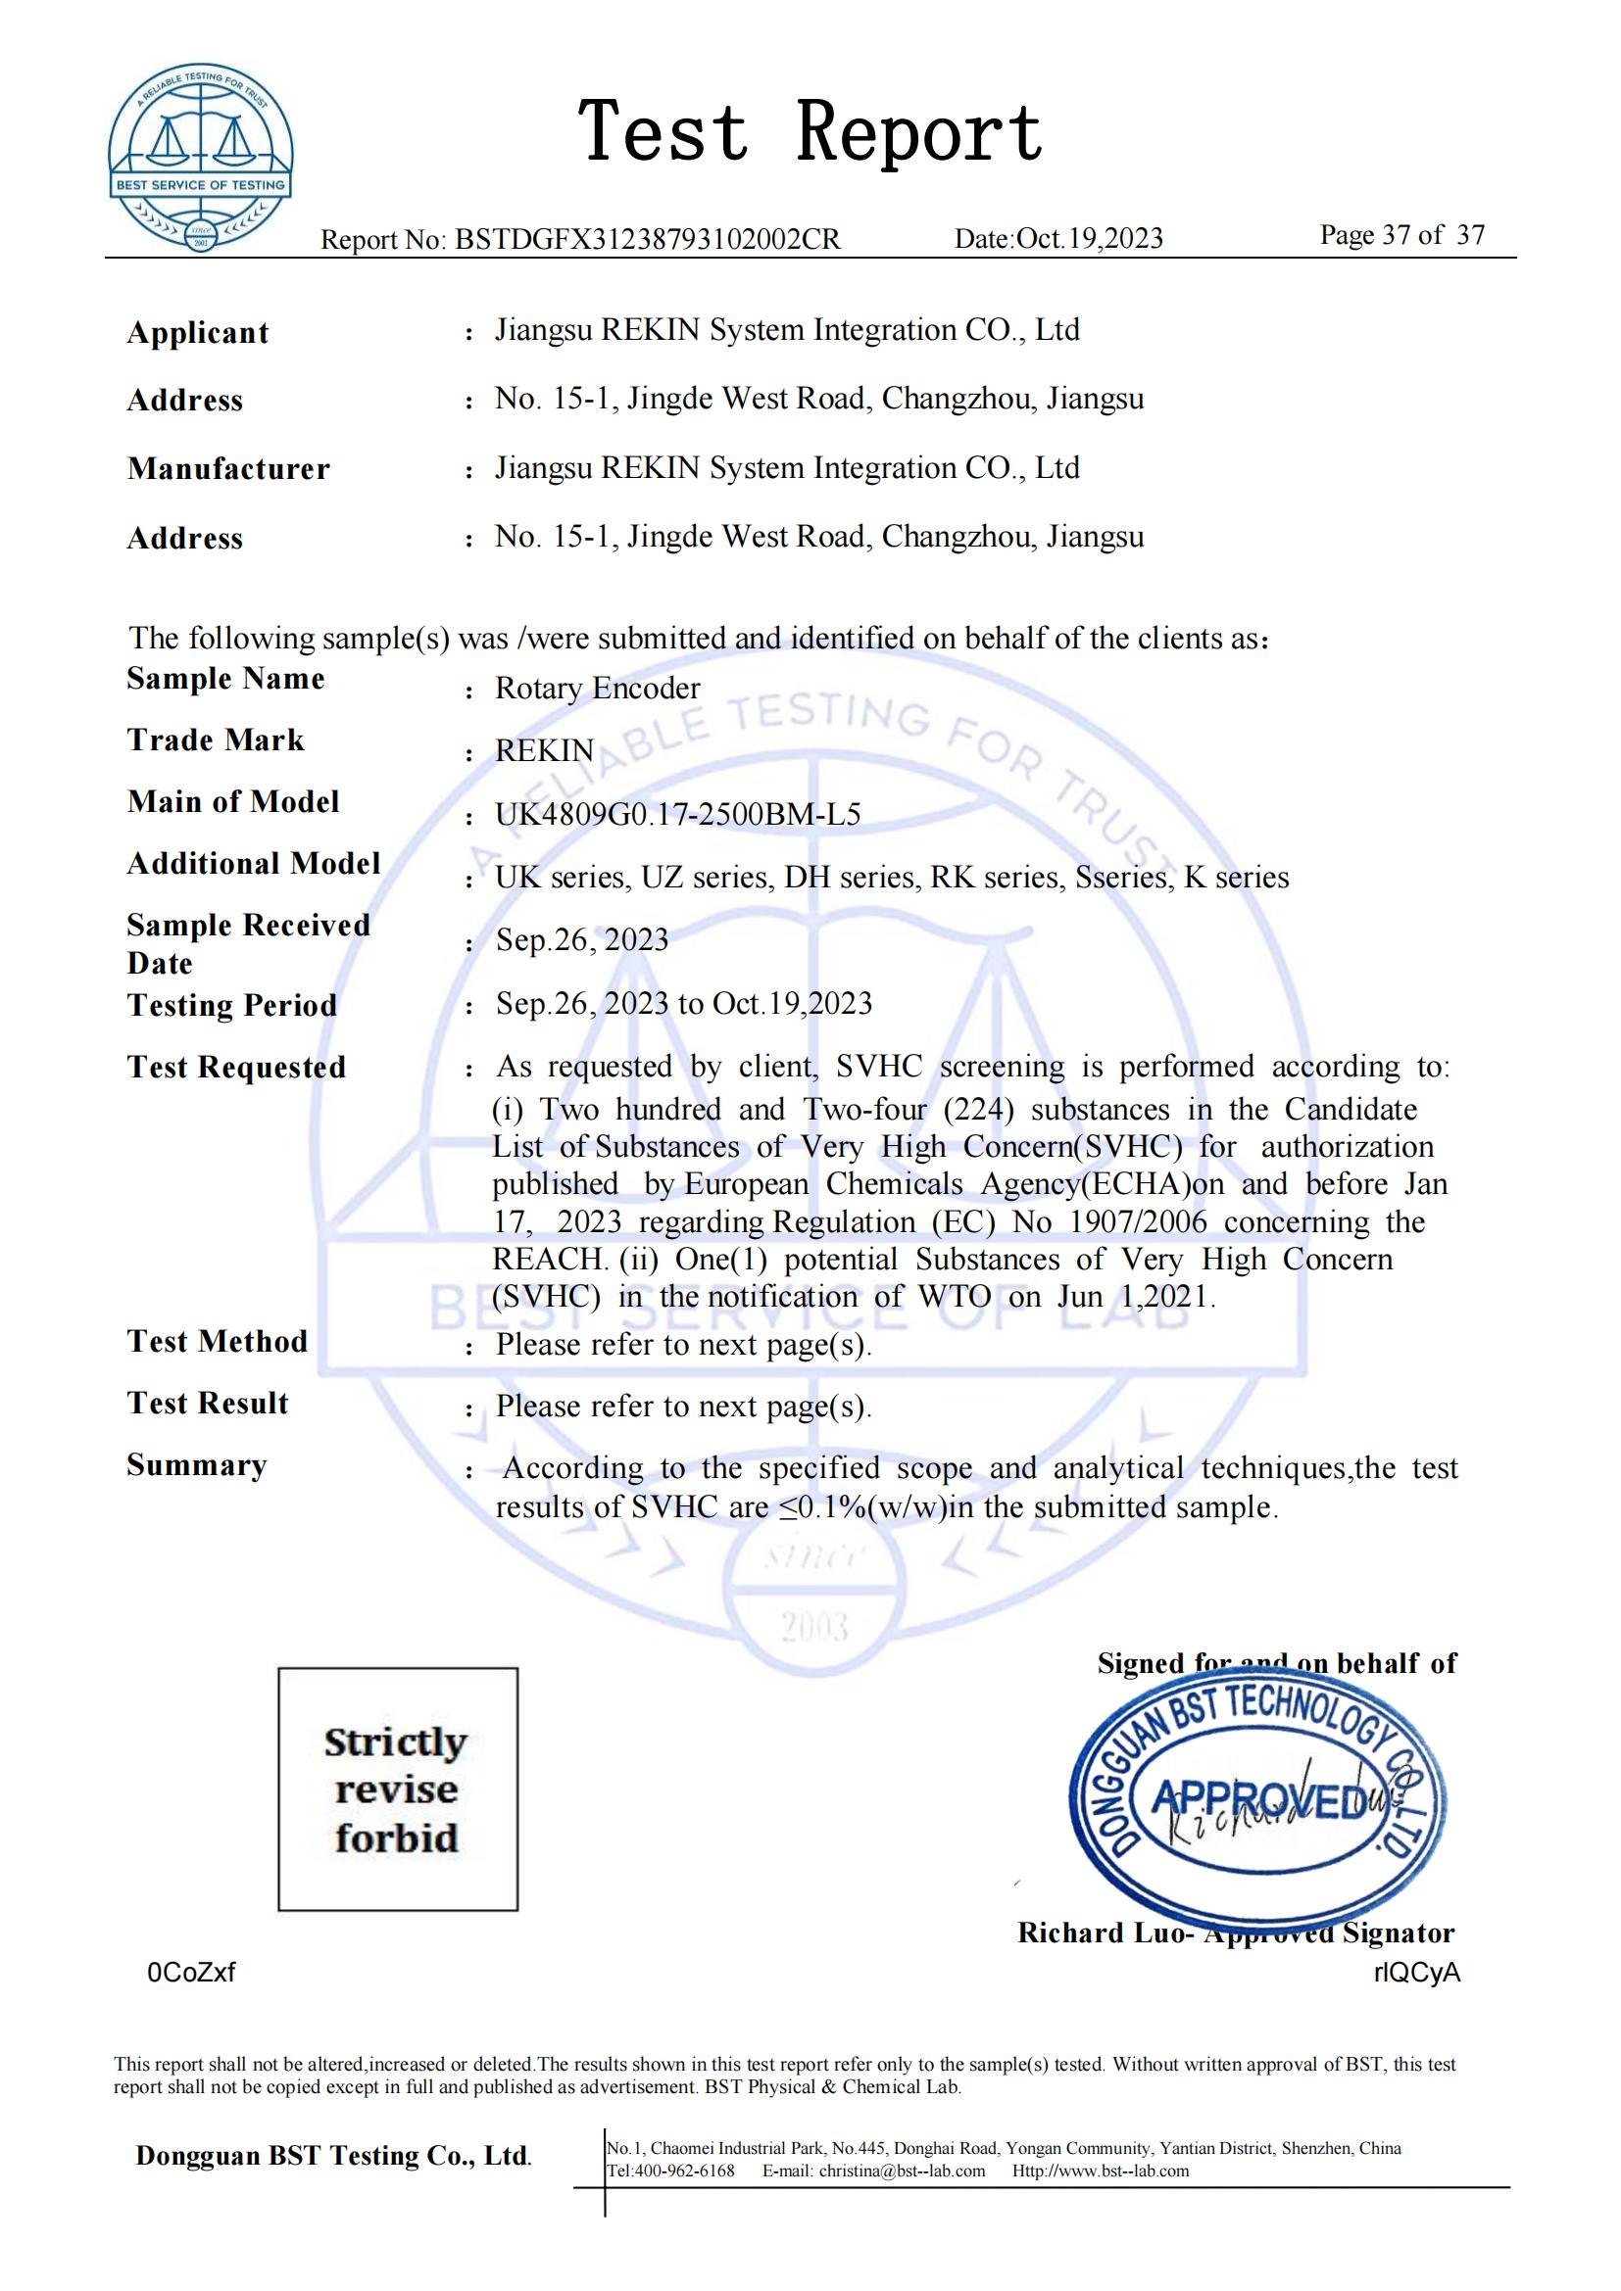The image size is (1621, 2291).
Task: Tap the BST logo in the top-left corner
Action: (201, 159)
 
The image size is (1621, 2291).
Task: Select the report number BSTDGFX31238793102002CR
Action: (648, 239)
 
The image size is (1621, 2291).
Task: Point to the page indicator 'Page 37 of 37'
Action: (1401, 235)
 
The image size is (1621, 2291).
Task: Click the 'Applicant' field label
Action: (198, 332)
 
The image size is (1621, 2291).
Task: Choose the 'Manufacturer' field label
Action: (228, 469)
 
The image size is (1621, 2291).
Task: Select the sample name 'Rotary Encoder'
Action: (597, 689)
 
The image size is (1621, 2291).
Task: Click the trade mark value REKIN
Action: (544, 750)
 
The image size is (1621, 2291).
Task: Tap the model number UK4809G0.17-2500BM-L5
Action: (678, 814)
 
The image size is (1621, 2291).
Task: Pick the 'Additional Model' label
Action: (254, 863)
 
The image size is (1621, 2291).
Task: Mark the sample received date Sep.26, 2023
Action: (582, 940)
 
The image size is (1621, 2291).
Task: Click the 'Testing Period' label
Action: (231, 1005)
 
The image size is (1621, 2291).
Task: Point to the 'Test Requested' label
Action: (236, 1067)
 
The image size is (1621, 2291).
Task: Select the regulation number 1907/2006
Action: (1138, 1222)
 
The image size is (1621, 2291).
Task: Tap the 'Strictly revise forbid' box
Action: (397, 1790)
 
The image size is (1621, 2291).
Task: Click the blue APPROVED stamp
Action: (1257, 1799)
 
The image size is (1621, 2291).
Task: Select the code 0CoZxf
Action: (191, 1973)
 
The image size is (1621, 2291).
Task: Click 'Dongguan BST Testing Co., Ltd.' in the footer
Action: (333, 2156)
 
